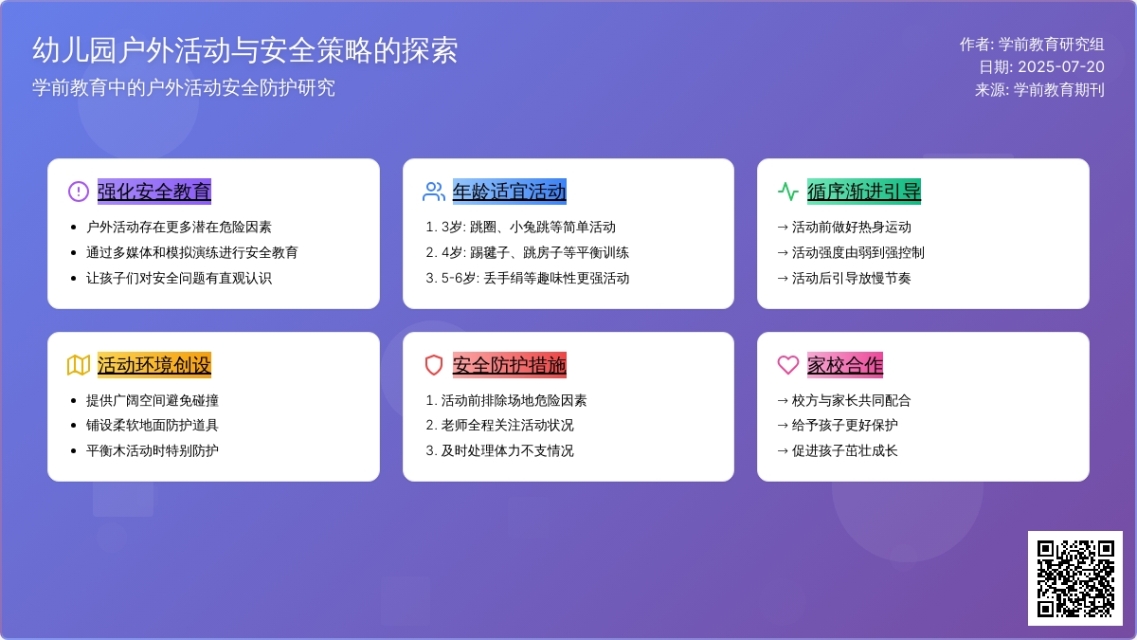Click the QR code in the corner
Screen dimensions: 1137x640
[1075, 578]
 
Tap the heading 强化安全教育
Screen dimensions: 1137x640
[154, 192]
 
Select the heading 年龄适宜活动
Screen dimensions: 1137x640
[509, 192]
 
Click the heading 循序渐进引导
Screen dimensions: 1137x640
[864, 192]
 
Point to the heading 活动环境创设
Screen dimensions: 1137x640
[154, 365]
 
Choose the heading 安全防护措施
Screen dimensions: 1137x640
[509, 365]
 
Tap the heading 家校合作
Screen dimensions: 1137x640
[845, 365]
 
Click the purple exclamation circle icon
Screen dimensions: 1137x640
[79, 192]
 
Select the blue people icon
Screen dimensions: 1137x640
[434, 192]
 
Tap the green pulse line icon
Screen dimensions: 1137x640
[788, 192]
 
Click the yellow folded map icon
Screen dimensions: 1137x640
[79, 365]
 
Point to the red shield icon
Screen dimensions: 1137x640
[434, 365]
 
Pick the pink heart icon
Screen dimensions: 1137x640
[788, 365]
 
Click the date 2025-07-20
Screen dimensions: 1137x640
[1061, 66]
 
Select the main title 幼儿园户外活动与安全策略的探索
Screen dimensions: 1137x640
[245, 50]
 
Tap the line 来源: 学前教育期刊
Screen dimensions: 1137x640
[1039, 89]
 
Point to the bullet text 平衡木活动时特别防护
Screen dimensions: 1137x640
[153, 450]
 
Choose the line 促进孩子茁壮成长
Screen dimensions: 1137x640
[838, 450]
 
